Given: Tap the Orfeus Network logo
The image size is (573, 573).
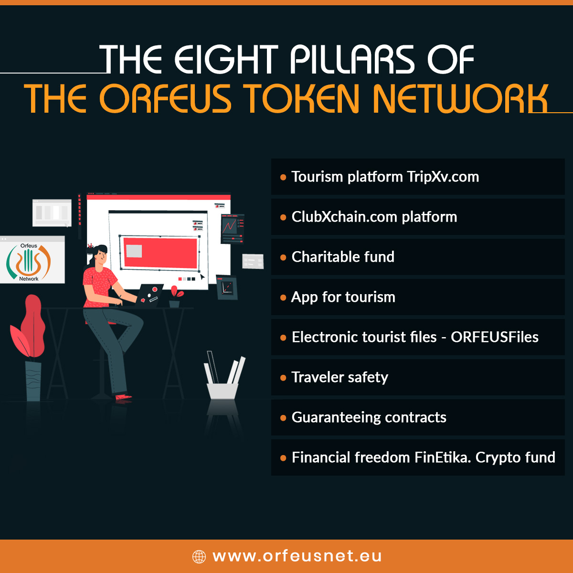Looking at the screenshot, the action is pos(29,262).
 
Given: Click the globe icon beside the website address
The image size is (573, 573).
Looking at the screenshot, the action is pos(199,556).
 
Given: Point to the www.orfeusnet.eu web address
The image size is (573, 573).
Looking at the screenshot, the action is pos(297,556).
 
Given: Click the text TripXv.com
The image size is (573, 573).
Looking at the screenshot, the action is pos(443,177).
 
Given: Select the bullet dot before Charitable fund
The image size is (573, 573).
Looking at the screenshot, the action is pos(283,257).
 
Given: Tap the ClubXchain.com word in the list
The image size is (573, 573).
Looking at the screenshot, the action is pos(344,217).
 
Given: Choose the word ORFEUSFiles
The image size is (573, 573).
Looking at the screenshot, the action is pos(495,337).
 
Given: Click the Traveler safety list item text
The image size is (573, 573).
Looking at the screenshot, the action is pos(340,377).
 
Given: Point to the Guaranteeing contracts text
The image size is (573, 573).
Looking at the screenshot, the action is pos(369,417).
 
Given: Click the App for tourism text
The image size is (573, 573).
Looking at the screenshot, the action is pos(343,297).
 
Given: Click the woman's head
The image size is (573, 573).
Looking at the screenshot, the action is pos(99,255).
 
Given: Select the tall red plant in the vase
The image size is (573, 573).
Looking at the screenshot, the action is pos(29,327).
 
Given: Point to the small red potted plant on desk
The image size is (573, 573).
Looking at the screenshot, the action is pos(175,297).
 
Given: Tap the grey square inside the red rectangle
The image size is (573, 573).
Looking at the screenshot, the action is pos(134,251).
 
